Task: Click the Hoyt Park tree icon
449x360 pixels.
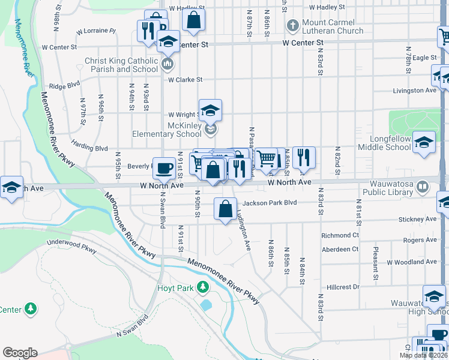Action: tap(203, 288)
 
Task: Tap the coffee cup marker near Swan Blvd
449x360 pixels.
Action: tap(163, 169)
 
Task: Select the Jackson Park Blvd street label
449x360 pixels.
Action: tap(270, 203)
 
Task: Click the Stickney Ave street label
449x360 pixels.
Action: tap(420, 220)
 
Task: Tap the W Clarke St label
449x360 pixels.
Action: tap(185, 79)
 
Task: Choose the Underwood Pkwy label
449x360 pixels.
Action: tap(71, 247)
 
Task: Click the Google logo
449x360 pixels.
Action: tap(20, 353)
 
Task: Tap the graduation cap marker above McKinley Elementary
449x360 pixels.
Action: tap(210, 110)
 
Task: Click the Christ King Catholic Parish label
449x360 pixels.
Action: tap(121, 65)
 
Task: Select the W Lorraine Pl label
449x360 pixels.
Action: tap(96, 31)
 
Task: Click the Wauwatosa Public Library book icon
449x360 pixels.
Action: tap(423, 187)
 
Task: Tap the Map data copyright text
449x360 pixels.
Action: tap(423, 355)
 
